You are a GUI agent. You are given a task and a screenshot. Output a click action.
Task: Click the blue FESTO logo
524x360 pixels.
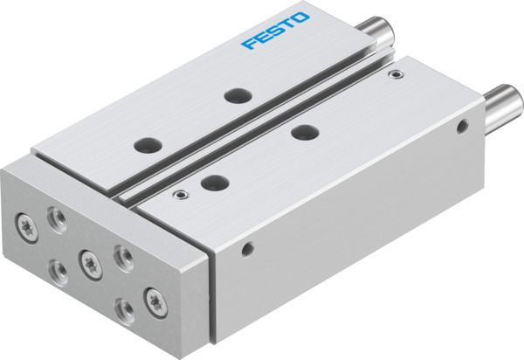point(276,29)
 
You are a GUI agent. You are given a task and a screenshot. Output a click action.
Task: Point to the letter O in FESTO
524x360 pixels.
point(301,17)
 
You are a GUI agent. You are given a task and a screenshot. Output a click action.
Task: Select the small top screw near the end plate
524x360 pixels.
point(181,194)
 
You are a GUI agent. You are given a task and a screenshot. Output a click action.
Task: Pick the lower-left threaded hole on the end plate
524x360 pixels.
point(57,269)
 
